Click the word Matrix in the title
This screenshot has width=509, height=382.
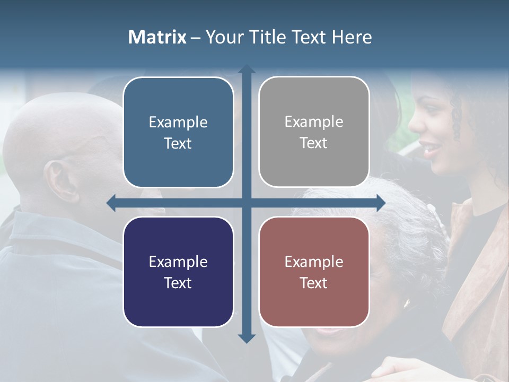(x=157, y=37)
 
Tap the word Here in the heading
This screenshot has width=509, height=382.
(x=352, y=37)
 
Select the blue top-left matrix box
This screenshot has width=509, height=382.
(x=178, y=133)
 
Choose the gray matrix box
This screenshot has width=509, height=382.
(x=314, y=132)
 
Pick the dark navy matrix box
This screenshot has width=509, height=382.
(x=178, y=272)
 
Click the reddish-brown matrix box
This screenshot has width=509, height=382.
(x=314, y=272)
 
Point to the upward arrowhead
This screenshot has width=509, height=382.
(x=247, y=70)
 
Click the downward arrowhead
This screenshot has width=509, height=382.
(x=247, y=338)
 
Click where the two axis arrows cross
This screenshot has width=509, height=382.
(x=247, y=203)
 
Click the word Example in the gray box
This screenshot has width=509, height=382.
(x=314, y=122)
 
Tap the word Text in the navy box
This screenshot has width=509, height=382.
(x=178, y=283)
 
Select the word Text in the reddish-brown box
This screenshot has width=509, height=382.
(x=314, y=283)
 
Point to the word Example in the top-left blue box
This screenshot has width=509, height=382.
(x=178, y=123)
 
